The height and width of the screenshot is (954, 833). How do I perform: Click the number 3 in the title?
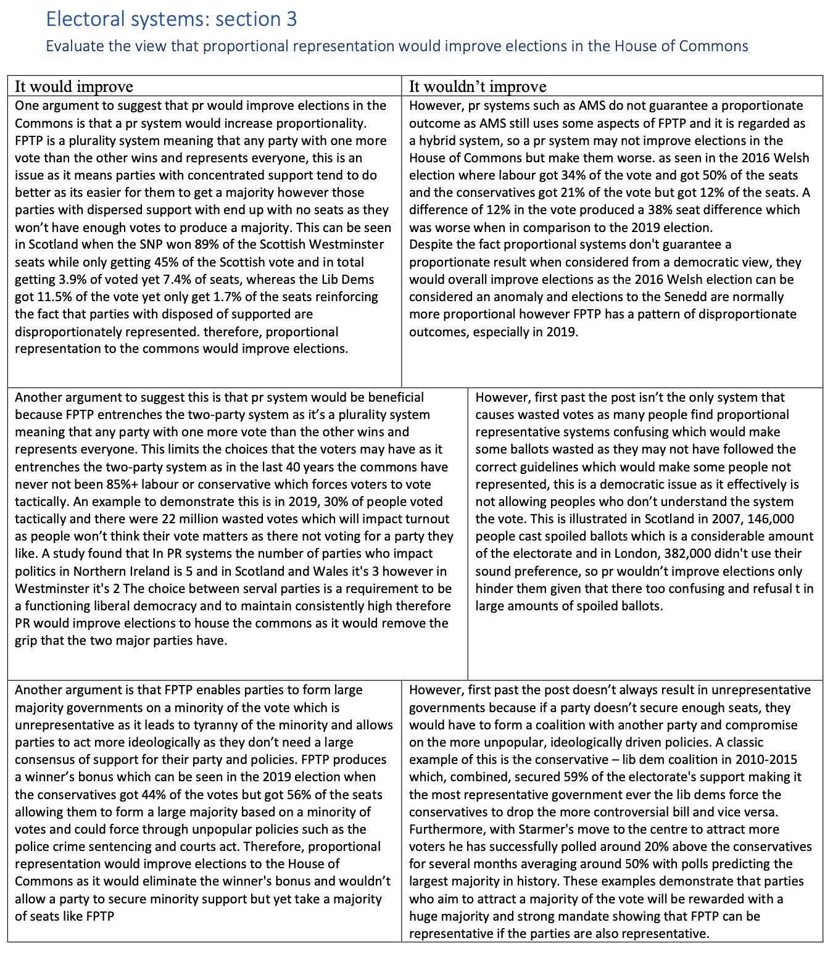click(x=291, y=20)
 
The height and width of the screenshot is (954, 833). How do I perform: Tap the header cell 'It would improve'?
click(x=74, y=86)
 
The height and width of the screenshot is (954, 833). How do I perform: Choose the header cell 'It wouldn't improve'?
click(x=478, y=86)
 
